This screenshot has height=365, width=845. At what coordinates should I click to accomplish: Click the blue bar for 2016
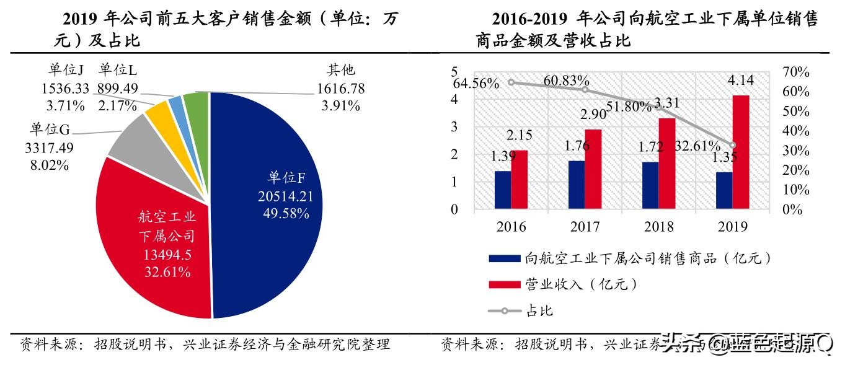pos(503,190)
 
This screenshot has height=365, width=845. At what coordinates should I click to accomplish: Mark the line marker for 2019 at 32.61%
pos(733,145)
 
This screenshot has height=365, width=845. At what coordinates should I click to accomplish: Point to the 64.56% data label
pos(476,83)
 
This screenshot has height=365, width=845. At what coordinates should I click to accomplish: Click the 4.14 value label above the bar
pos(741,80)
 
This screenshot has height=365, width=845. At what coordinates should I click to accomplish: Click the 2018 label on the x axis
pos(658,226)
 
